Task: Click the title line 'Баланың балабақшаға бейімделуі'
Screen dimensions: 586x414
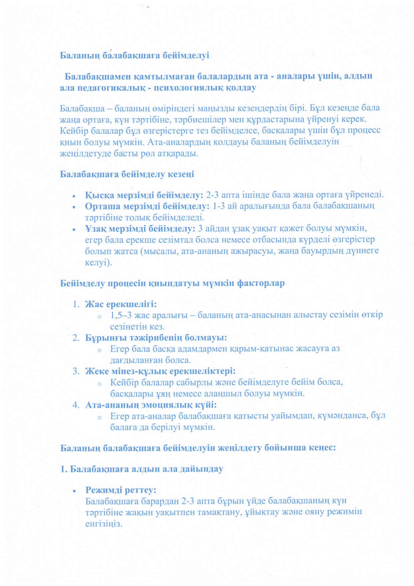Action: pos(135,55)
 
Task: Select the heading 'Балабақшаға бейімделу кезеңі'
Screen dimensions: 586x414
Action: pos(127,174)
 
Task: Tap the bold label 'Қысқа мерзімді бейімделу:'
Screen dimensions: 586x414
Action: pos(144,195)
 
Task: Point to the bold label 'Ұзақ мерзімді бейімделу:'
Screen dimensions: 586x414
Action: pos(140,229)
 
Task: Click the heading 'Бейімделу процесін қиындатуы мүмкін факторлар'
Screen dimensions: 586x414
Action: pos(172,283)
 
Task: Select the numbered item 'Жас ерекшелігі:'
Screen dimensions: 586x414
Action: pos(121,304)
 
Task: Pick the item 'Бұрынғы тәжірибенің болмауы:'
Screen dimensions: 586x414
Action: pos(156,338)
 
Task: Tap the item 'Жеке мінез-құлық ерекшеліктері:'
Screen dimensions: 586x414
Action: pos(160,371)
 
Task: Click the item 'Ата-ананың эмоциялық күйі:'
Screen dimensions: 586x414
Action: pos(151,405)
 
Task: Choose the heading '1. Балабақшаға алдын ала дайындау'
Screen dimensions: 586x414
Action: pos(142,469)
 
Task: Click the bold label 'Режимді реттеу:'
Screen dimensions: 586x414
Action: pos(121,490)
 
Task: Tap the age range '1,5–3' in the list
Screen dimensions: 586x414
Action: pos(121,315)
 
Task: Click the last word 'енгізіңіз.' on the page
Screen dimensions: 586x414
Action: pos(104,524)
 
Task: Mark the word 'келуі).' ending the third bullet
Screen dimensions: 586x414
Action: pos(98,262)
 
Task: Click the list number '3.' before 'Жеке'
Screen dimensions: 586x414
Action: pos(76,371)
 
